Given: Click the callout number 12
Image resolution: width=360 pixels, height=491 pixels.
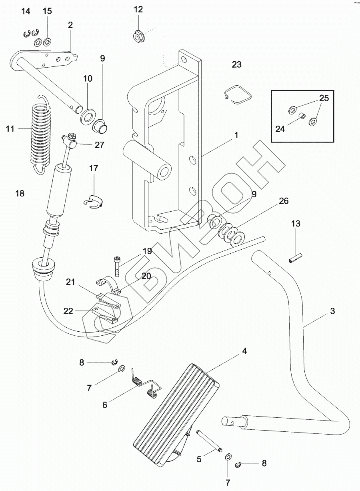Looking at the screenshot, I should tap(138, 10).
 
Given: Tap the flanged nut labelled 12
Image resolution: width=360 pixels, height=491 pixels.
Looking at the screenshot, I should tap(138, 37).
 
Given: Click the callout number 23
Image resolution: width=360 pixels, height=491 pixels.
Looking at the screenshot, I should tap(237, 64).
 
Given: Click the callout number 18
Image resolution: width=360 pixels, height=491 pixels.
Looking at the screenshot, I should tap(20, 194).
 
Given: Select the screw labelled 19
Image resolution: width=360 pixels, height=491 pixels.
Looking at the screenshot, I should tap(117, 264).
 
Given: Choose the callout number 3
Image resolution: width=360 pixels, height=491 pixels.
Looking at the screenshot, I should tap(332, 311).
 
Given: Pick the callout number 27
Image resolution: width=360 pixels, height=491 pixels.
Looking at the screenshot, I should tap(99, 145).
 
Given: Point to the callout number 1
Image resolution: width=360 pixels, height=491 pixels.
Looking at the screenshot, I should tap(236, 136).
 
